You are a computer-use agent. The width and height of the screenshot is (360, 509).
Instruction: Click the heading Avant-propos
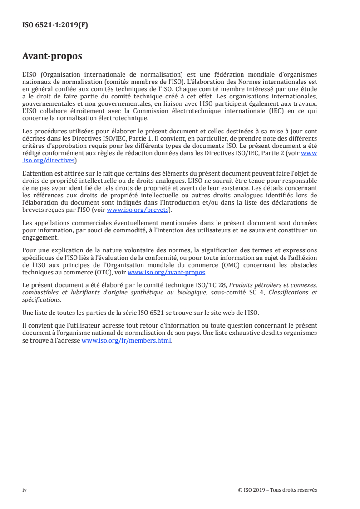pyautogui.click(x=52, y=56)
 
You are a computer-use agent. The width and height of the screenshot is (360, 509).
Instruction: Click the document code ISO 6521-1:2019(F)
pyautogui.click(x=55, y=25)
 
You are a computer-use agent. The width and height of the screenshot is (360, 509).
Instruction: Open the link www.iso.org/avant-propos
pyautogui.click(x=167, y=272)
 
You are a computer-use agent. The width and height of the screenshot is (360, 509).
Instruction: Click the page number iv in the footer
pyautogui.click(x=25, y=490)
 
